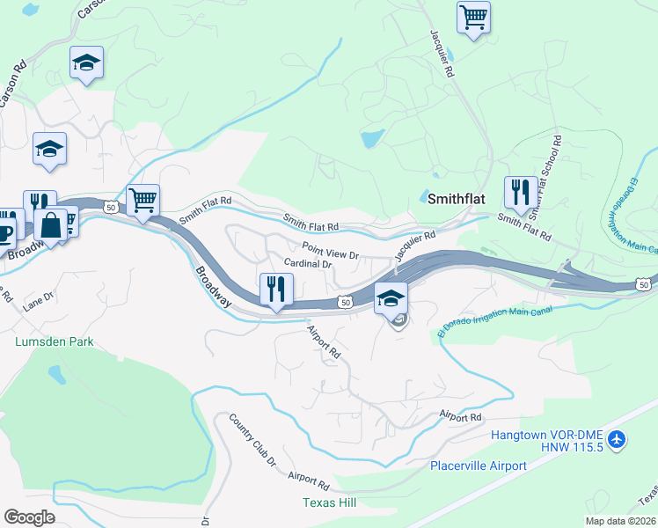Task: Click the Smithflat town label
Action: click(456, 198)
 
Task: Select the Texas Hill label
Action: click(329, 502)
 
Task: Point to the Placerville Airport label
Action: click(479, 466)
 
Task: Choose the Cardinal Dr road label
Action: click(307, 263)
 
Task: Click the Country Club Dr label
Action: click(252, 439)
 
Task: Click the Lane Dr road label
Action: click(39, 303)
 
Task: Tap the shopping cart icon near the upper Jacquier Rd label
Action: click(473, 17)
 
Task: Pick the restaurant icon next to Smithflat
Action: click(520, 192)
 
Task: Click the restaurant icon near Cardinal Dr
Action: click(276, 288)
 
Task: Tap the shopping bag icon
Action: click(51, 224)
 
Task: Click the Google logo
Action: click(29, 517)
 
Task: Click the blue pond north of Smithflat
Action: click(372, 138)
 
